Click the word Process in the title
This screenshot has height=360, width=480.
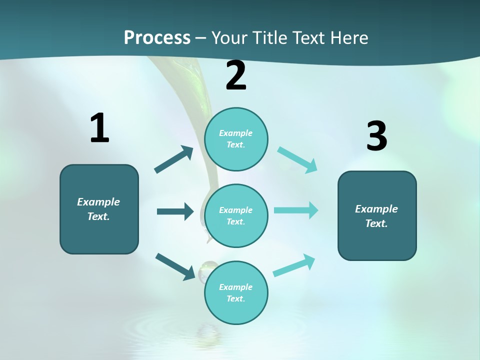point(157,37)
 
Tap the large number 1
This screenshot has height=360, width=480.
point(99,128)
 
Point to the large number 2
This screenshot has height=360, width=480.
point(236,75)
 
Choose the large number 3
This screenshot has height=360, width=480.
point(376,136)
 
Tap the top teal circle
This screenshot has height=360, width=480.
point(236,139)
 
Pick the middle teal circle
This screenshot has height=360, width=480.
point(236,215)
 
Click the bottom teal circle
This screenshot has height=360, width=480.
point(236,292)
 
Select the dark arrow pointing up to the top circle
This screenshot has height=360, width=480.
point(174,159)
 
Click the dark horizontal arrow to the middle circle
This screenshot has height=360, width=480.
point(175,211)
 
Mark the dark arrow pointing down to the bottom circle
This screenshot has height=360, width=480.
point(175,266)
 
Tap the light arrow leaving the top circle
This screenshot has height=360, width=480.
point(297,159)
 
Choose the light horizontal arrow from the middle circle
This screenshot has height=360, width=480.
point(296,210)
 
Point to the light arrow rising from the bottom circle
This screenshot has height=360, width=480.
point(294,265)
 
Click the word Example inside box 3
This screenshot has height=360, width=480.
point(376,209)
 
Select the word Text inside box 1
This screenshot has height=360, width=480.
point(98,216)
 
